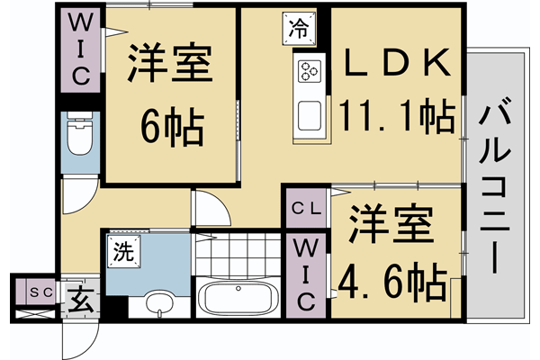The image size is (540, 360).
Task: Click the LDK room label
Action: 397,64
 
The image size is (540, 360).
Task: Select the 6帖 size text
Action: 170,129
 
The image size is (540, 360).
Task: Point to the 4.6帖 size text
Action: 392,280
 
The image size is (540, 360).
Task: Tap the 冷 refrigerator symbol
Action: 300,28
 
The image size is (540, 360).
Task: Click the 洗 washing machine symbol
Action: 121,252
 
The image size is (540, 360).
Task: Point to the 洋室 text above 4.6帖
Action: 392,225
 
